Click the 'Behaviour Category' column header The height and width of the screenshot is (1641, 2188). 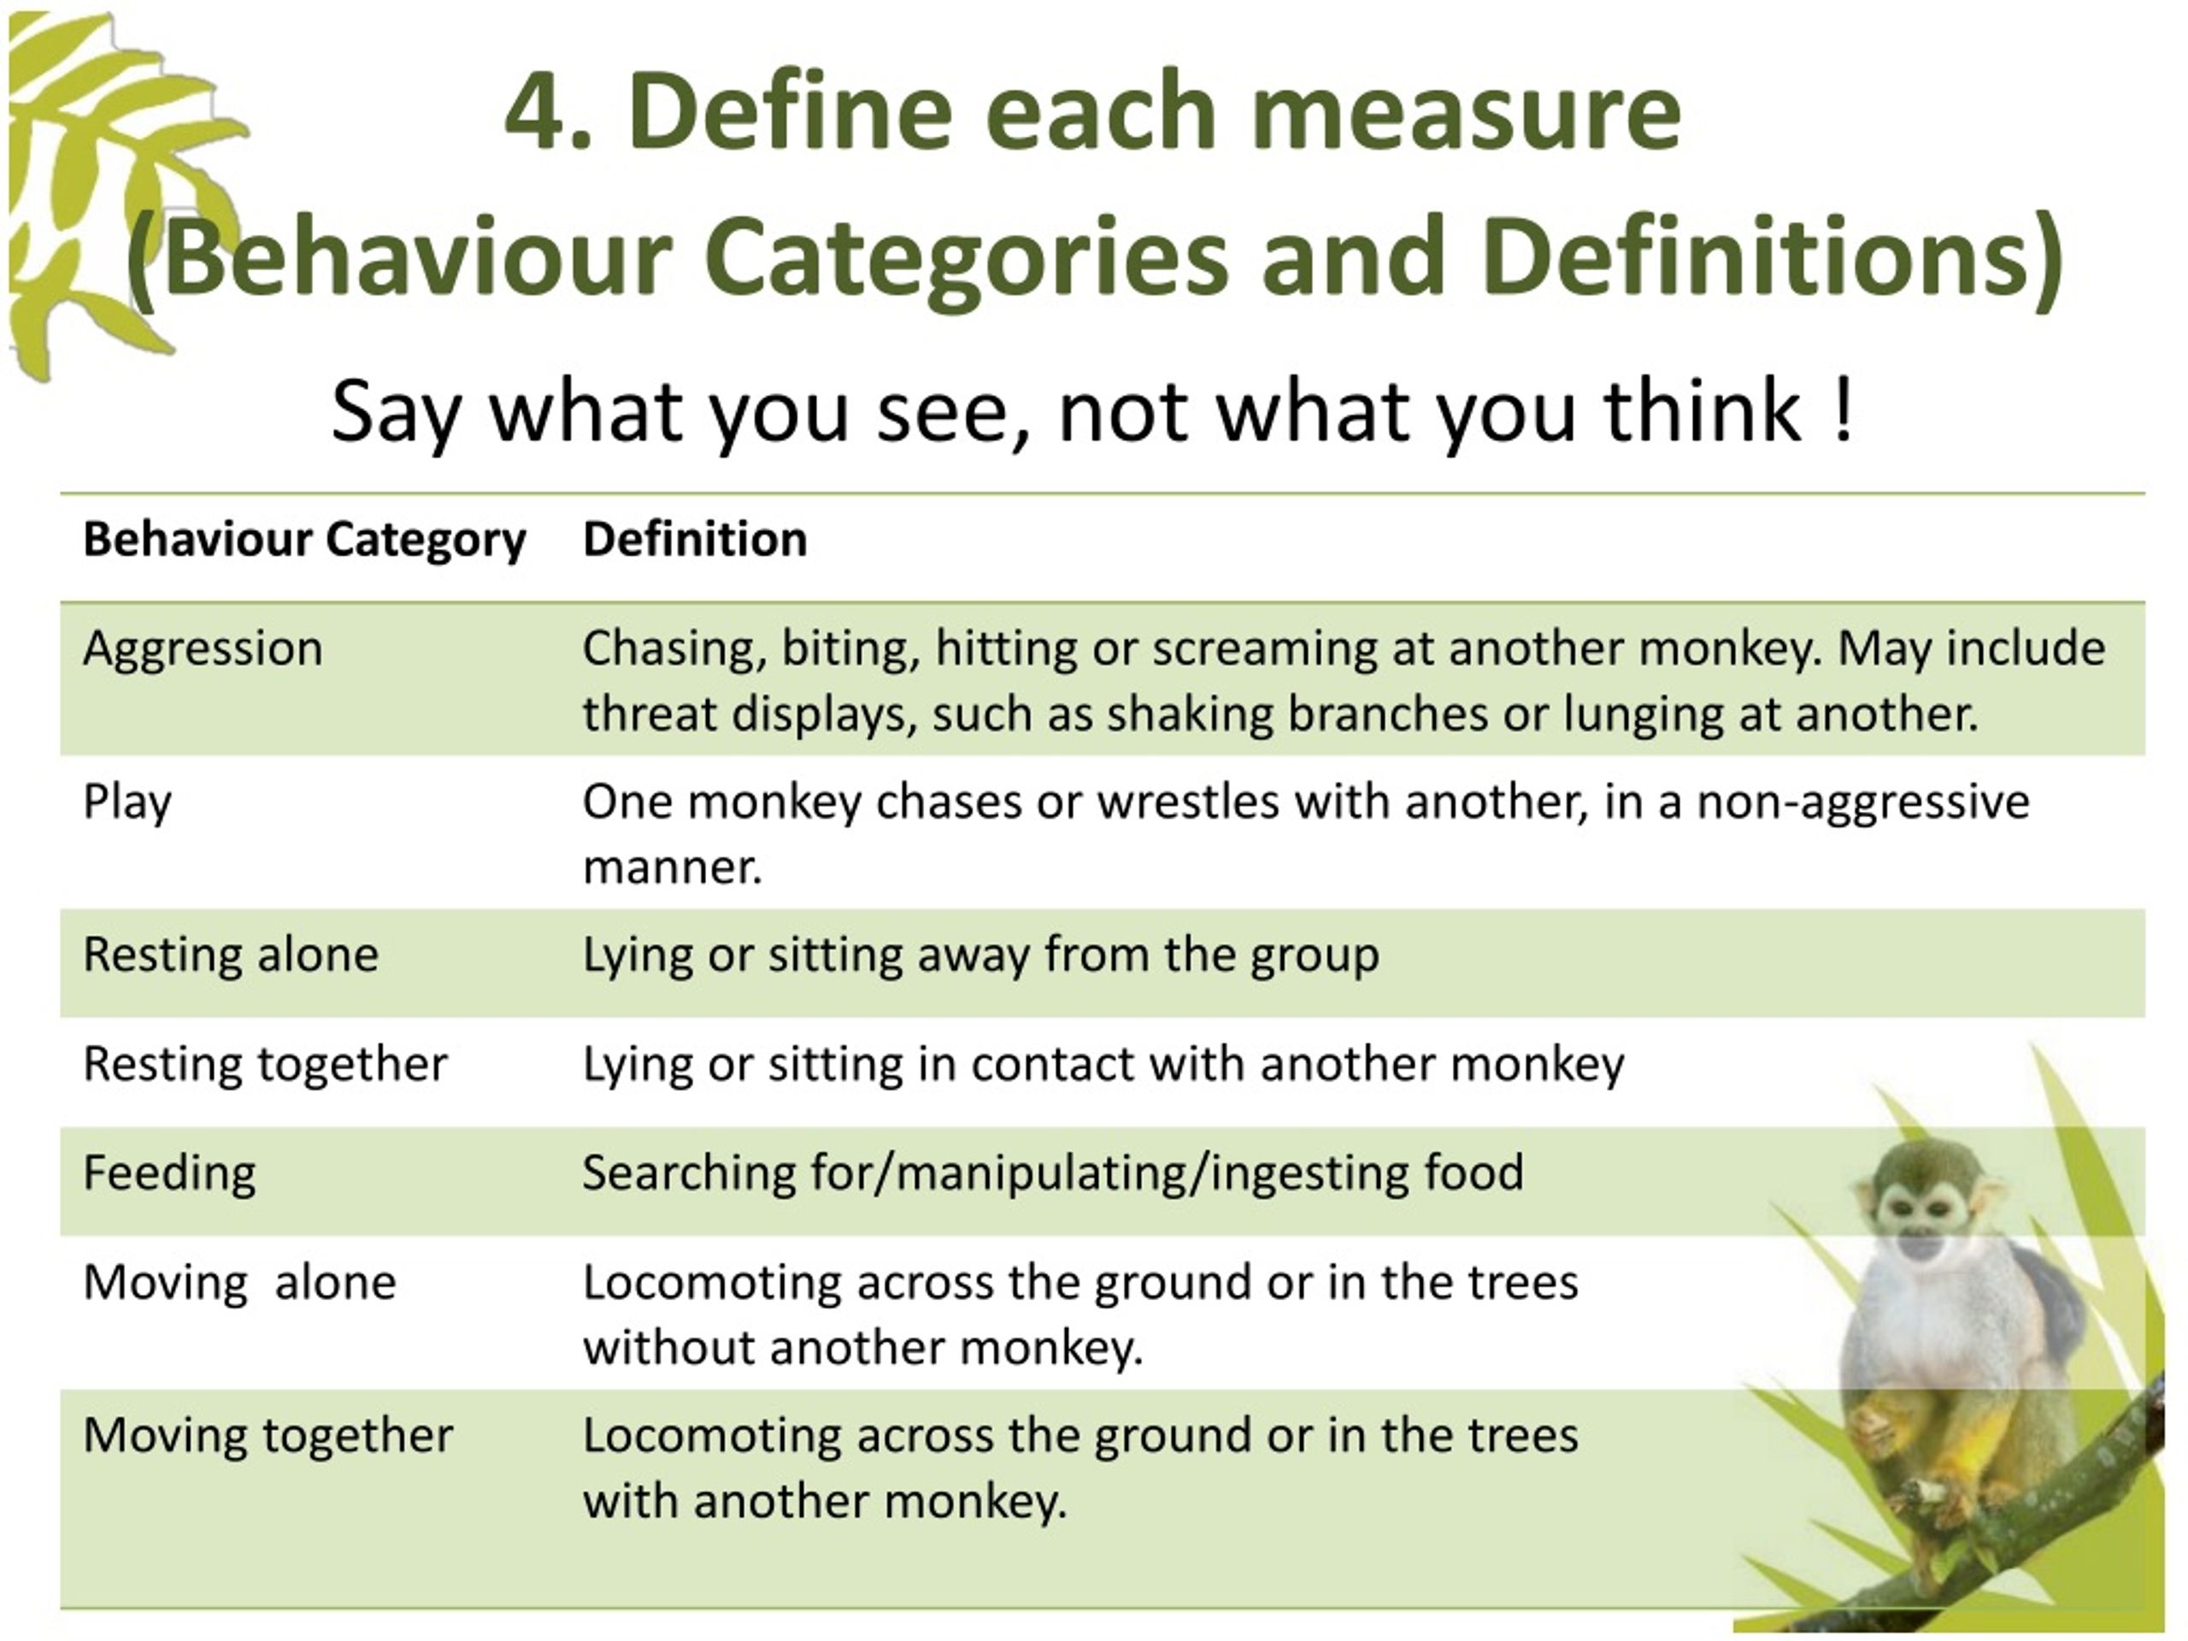click(x=303, y=540)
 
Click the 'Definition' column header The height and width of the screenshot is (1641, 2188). click(x=694, y=540)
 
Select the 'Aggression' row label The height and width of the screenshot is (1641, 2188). click(x=203, y=649)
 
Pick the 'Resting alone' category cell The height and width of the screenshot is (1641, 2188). click(x=231, y=955)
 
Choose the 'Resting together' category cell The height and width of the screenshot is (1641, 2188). click(x=265, y=1064)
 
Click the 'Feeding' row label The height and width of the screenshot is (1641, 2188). click(x=169, y=1173)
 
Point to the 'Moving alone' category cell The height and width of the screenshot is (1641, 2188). click(x=239, y=1283)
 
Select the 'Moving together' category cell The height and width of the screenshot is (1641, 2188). click(x=268, y=1435)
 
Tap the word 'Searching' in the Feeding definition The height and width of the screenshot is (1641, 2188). click(x=688, y=1173)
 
